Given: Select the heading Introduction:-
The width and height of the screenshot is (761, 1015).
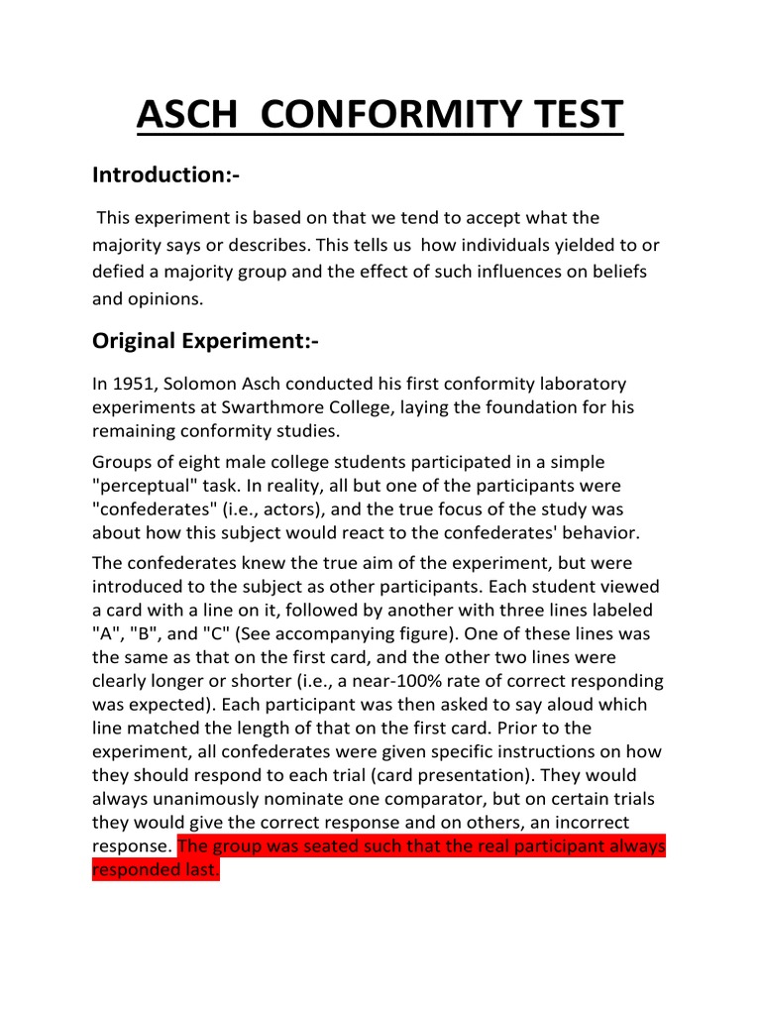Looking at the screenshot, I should [x=165, y=175].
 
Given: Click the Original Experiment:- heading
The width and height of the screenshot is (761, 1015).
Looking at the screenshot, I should [x=206, y=341].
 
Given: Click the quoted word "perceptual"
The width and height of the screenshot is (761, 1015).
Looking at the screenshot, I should [x=146, y=487].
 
